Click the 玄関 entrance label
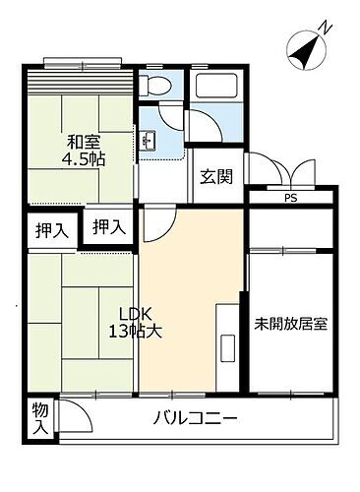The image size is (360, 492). pyautogui.click(x=216, y=177)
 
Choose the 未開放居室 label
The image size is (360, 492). pyautogui.click(x=289, y=323)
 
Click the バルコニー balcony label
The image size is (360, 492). pyautogui.click(x=195, y=419)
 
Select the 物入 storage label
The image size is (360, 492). pyautogui.click(x=39, y=418)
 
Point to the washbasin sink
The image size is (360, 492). pyautogui.click(x=150, y=139)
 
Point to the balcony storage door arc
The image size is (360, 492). pyautogui.click(x=73, y=413)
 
